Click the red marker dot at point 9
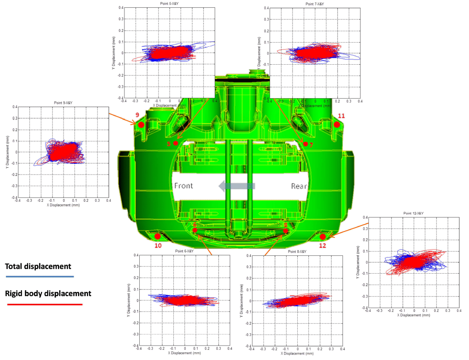pyautogui.click(x=141, y=125)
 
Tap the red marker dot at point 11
pyautogui.click(x=337, y=125)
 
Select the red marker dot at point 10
pyautogui.click(x=158, y=236)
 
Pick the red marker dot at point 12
pyautogui.click(x=323, y=237)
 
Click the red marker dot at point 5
pyautogui.click(x=176, y=143)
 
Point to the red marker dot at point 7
pyautogui.click(x=305, y=144)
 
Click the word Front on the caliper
pyautogui.click(x=184, y=186)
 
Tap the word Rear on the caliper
pyautogui.click(x=299, y=186)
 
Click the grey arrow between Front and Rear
pyautogui.click(x=236, y=186)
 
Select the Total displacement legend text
pyautogui.click(x=38, y=266)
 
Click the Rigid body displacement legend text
pyautogui.click(x=48, y=293)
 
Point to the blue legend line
pyautogui.click(x=40, y=277)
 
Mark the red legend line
pyautogui.click(x=45, y=304)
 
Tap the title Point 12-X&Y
pyautogui.click(x=413, y=213)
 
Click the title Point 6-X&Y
pyautogui.click(x=184, y=251)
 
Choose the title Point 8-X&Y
pyautogui.click(x=297, y=251)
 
